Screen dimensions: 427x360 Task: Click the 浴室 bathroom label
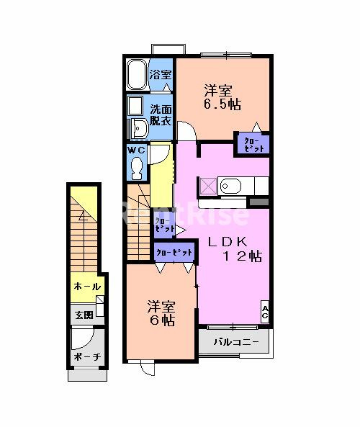click(161, 75)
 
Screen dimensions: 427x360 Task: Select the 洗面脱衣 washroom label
click(161, 116)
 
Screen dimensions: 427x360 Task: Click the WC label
click(137, 150)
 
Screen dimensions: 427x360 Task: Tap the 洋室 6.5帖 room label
click(217, 97)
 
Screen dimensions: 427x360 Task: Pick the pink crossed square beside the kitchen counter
click(207, 186)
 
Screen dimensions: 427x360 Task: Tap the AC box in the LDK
click(265, 311)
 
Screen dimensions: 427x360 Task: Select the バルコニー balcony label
click(234, 342)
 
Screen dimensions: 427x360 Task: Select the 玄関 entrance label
click(82, 315)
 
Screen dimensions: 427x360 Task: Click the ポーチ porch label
click(86, 358)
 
